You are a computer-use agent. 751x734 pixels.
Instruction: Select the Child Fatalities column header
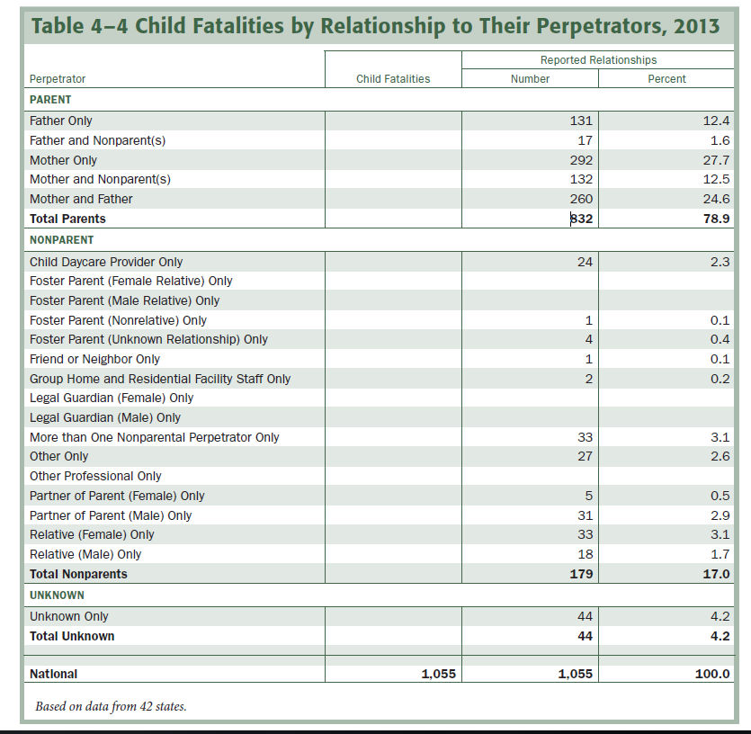click(x=393, y=79)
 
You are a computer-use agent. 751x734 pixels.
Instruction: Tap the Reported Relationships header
click(x=598, y=60)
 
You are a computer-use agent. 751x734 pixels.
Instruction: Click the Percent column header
click(x=666, y=79)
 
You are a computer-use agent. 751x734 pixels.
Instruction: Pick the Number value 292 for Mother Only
click(x=582, y=160)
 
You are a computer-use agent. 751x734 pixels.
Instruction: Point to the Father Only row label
click(x=61, y=121)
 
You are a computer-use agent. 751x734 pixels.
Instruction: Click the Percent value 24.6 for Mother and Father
click(x=716, y=199)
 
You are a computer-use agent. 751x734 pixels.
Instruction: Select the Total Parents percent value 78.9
click(x=716, y=219)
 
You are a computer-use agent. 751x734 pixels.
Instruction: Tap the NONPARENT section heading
click(x=62, y=240)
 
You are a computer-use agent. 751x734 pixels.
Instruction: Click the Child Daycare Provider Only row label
click(x=106, y=262)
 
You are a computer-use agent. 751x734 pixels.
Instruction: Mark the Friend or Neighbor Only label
click(x=94, y=359)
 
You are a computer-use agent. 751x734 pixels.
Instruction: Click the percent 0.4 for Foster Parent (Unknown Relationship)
click(x=720, y=339)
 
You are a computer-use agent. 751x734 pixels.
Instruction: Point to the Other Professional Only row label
click(x=95, y=476)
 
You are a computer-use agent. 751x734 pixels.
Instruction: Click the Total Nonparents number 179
click(x=581, y=574)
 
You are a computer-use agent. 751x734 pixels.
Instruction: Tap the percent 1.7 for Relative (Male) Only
click(x=720, y=554)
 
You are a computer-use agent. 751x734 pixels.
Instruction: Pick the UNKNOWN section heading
click(x=58, y=595)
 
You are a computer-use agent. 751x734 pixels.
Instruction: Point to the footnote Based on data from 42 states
click(x=111, y=706)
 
